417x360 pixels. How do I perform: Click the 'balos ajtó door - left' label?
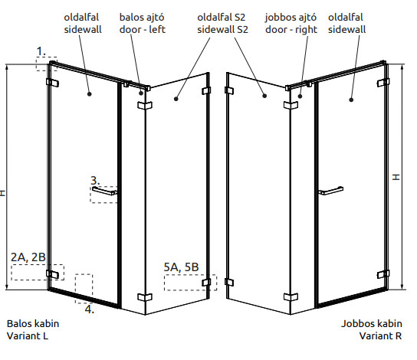[143, 24]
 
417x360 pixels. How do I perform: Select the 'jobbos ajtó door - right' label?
[291, 24]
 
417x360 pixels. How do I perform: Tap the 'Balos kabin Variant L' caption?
[33, 329]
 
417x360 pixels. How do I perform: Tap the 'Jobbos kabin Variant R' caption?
[372, 329]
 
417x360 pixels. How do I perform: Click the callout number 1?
[41, 51]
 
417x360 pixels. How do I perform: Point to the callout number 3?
[95, 181]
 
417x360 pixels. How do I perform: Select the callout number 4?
[90, 309]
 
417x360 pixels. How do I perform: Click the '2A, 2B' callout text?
[28, 257]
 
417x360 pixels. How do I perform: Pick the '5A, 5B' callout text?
[181, 267]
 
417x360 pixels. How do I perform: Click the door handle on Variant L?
[104, 191]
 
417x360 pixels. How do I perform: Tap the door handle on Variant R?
[331, 191]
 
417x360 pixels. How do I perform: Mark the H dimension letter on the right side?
[396, 177]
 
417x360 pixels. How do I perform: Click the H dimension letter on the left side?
[2, 193]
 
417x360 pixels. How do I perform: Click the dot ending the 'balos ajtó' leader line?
[141, 93]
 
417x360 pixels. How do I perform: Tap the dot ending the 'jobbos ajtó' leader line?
[300, 97]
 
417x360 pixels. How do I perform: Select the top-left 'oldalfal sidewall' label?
[83, 24]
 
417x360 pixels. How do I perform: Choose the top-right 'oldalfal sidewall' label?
[346, 24]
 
